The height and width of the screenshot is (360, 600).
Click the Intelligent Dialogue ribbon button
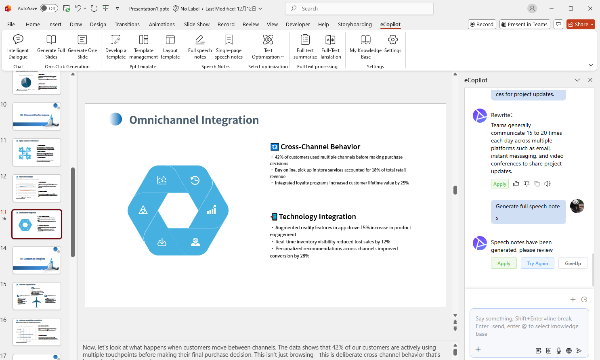pos(18,47)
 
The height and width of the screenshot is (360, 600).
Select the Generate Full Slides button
pos(51,47)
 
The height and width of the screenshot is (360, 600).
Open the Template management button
pos(144,47)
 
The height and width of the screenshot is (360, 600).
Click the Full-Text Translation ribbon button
pos(330,47)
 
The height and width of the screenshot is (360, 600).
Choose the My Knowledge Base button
pos(365,47)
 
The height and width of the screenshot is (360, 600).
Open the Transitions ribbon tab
pos(127,24)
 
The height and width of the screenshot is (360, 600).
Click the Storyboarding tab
pos(355,24)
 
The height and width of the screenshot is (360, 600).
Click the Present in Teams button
pos(524,24)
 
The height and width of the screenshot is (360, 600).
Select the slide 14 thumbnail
pos(37,260)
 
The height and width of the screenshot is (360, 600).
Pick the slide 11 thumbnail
pos(37,152)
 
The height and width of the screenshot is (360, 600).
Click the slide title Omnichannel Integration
pos(194,120)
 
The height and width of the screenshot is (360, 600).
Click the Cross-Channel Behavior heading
pos(320,147)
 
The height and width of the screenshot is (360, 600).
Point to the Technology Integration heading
pos(317,217)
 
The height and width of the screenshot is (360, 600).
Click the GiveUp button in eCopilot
pos(573,264)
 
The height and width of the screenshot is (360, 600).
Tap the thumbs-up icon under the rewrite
pos(516,184)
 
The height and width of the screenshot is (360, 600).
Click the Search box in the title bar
pos(359,8)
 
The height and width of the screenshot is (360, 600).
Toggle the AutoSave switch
pos(49,8)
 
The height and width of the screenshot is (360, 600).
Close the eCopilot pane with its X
pos(590,80)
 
